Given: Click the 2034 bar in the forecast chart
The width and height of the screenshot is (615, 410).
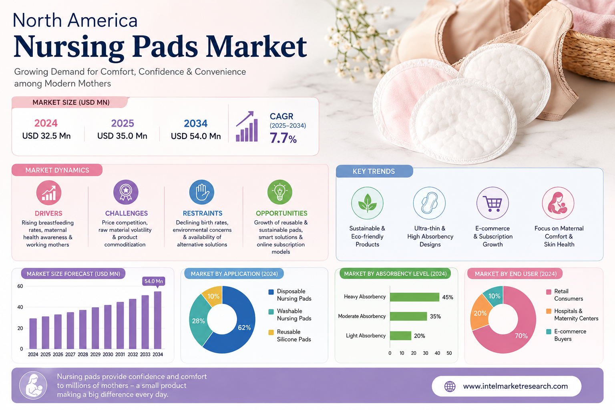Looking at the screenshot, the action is click(x=158, y=320).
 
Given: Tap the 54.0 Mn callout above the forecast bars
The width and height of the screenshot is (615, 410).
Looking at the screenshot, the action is click(x=154, y=281).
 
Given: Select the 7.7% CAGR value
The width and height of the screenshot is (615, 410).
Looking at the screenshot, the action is click(x=283, y=138).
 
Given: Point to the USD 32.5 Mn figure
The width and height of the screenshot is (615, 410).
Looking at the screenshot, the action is click(x=46, y=136).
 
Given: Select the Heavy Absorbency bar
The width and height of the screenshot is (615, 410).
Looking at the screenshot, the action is click(x=414, y=297).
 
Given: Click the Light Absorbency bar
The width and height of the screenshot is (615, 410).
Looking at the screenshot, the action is click(x=400, y=336).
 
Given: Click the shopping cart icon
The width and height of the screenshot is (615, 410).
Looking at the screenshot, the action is click(x=492, y=203).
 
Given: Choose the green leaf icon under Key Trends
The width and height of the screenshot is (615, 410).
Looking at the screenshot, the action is click(x=367, y=203).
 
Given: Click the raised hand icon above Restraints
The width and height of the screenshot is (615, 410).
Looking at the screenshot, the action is click(x=201, y=192).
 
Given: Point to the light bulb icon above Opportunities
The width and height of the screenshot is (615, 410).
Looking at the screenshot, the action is click(x=280, y=192).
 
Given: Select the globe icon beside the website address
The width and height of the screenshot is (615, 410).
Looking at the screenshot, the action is click(x=450, y=386).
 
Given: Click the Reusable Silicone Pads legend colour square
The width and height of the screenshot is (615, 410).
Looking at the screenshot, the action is click(x=271, y=332).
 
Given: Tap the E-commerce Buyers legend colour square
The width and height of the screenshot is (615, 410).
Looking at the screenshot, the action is click(x=549, y=332).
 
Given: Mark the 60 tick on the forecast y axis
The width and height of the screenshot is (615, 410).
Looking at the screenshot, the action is click(x=20, y=286).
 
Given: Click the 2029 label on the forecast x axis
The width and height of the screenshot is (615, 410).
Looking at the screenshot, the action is click(x=95, y=354).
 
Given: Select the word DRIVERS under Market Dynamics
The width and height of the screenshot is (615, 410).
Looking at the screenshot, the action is click(x=48, y=213).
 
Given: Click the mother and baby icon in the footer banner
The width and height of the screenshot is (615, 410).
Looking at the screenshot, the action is click(x=33, y=385).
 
